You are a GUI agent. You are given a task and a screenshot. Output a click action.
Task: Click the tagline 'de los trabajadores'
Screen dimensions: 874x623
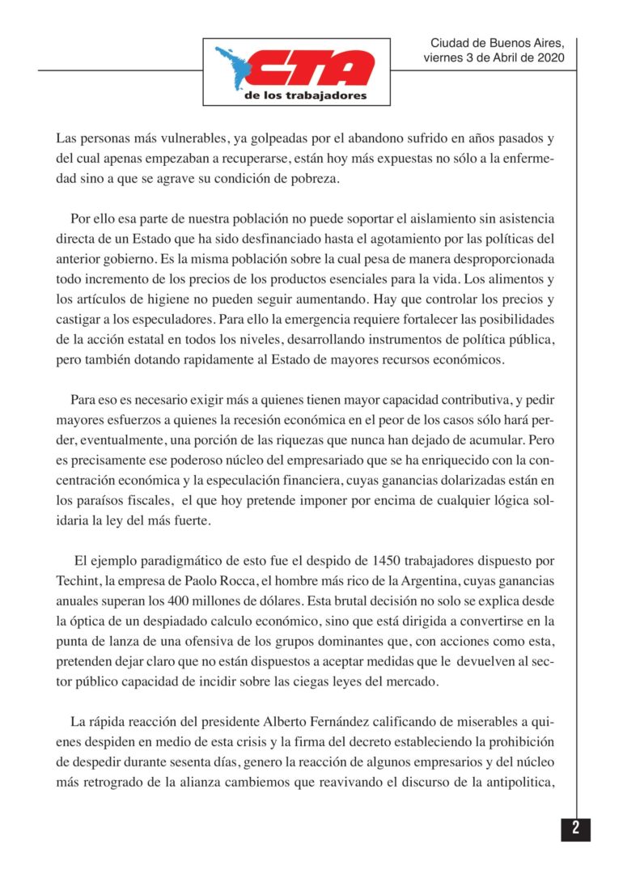click(305, 95)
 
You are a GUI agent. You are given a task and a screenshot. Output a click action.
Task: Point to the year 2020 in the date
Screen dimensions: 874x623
click(549, 58)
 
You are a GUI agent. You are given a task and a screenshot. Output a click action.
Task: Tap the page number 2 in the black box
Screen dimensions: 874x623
click(575, 829)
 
